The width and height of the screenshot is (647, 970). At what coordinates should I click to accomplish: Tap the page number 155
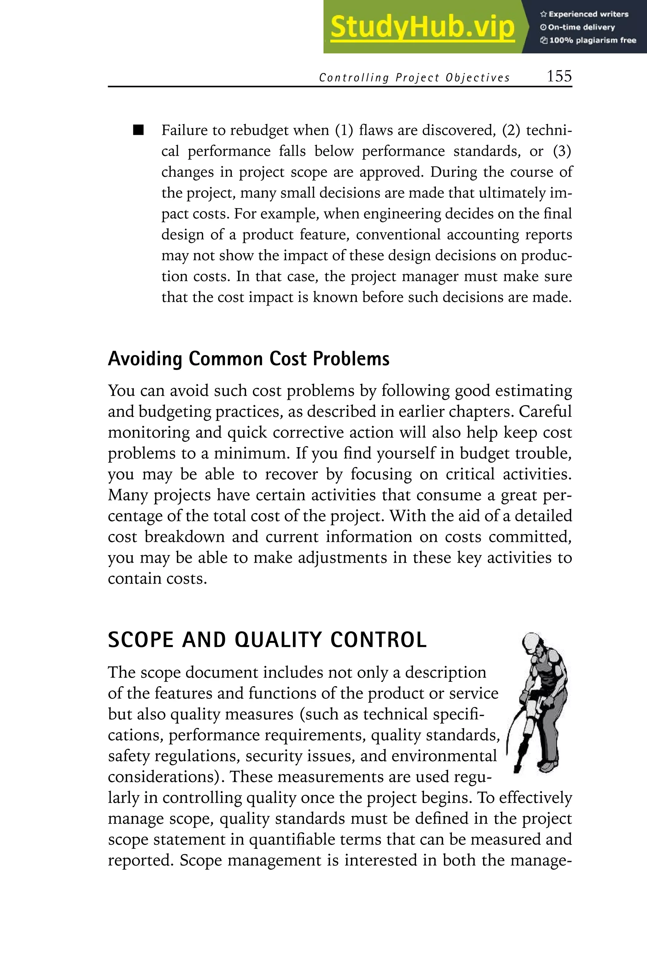tap(559, 76)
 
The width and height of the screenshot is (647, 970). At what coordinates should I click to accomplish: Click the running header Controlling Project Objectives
tap(414, 78)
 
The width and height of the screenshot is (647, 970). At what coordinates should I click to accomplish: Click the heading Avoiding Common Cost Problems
tap(248, 359)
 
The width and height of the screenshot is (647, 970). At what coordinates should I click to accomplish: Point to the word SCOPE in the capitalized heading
tap(140, 640)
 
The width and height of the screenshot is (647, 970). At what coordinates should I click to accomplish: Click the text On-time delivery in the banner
tap(581, 27)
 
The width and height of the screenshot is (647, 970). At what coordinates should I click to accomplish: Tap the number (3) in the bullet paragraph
tap(562, 151)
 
